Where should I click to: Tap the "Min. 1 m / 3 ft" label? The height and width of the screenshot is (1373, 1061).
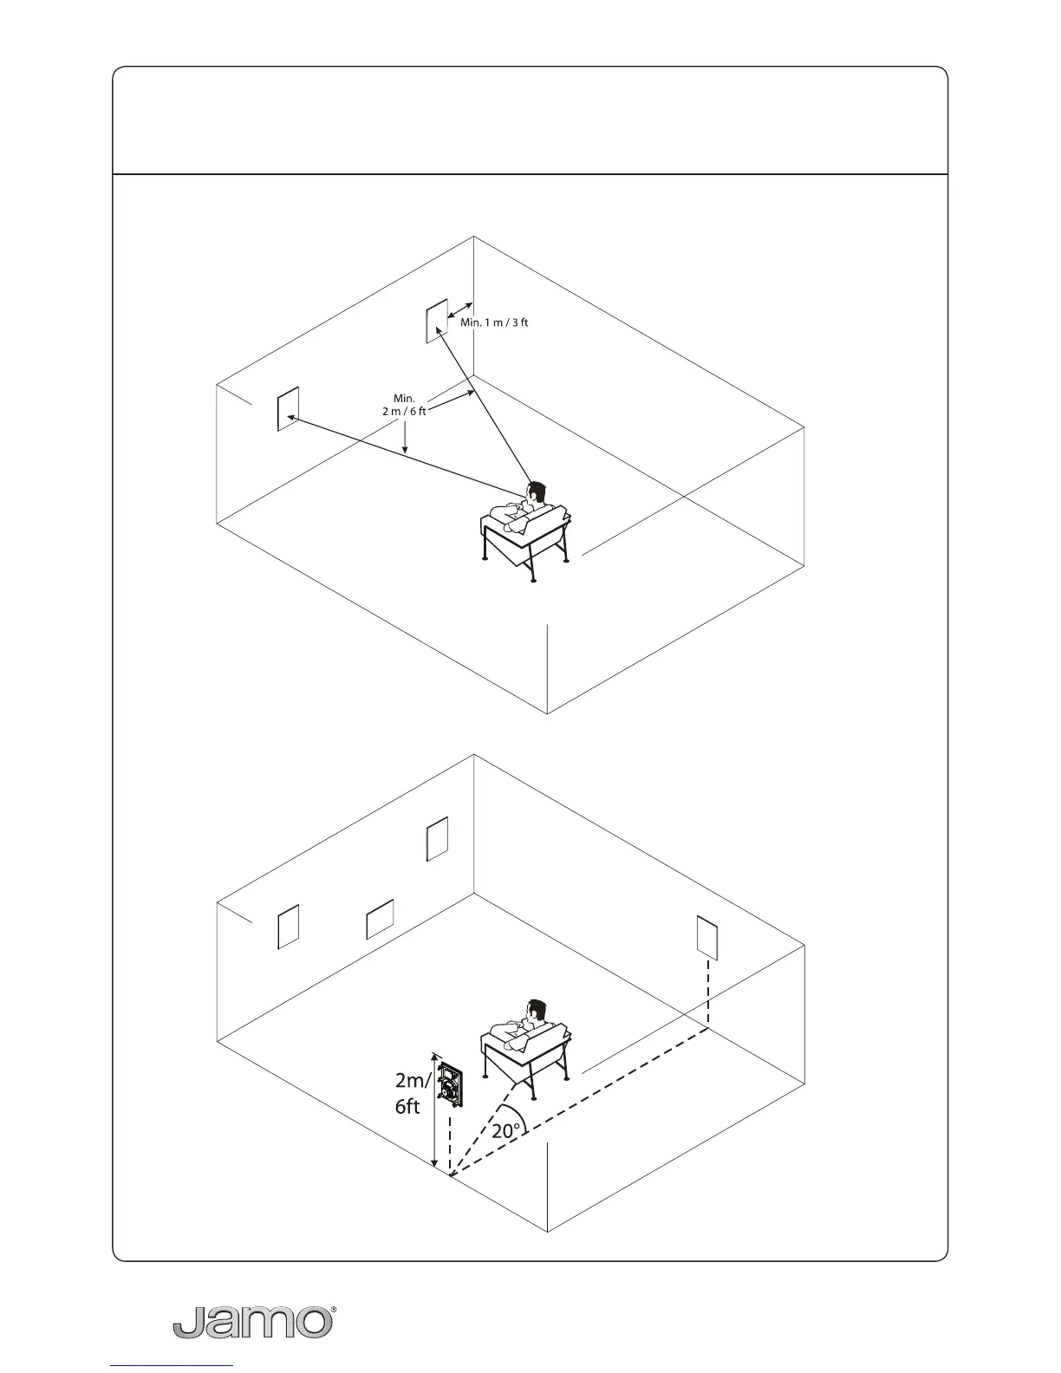tap(494, 323)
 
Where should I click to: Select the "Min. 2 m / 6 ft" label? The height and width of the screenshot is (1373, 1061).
tap(404, 405)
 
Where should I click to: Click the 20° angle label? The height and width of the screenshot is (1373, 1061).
tap(506, 1130)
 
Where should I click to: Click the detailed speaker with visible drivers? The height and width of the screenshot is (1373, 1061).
tap(450, 1085)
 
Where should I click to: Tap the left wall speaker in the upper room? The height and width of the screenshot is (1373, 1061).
tap(288, 409)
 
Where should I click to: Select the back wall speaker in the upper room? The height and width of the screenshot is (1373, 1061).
tap(436, 322)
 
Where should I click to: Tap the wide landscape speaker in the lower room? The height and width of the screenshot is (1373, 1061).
tap(380, 920)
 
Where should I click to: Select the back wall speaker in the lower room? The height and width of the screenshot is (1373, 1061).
tap(437, 838)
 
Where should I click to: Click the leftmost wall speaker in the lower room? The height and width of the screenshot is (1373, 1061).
tap(288, 926)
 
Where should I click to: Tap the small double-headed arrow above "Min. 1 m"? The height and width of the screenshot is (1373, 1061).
tap(459, 314)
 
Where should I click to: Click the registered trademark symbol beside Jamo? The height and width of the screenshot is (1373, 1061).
tap(335, 1311)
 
